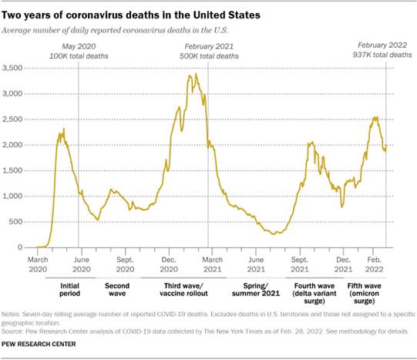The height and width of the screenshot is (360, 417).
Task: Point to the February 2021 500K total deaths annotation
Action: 205,51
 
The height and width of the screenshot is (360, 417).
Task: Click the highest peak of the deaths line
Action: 196,74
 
